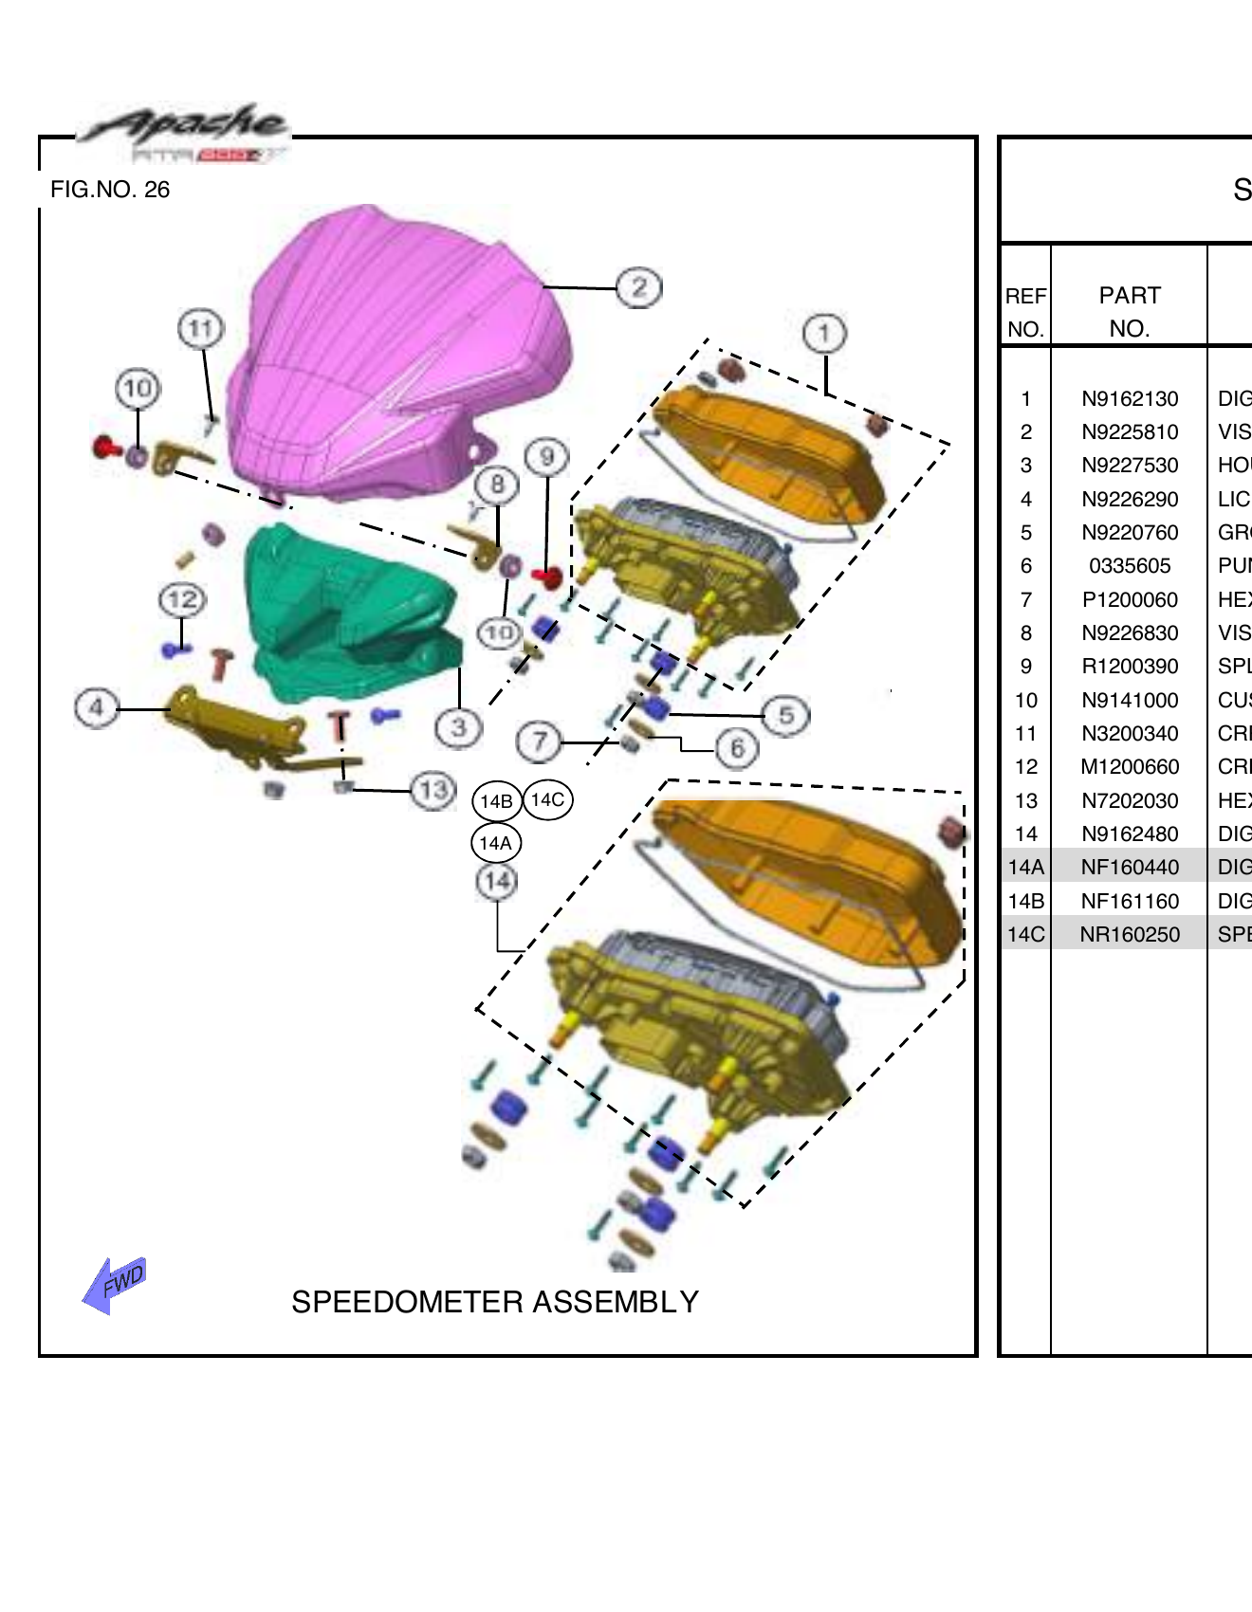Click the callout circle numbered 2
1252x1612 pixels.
tap(639, 287)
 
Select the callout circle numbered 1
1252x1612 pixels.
tap(823, 333)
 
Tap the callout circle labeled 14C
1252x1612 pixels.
tap(548, 799)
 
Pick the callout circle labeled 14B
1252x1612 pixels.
tap(496, 800)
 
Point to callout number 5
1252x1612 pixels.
tap(786, 715)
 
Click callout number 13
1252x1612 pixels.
tap(433, 790)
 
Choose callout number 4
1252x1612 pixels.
tap(96, 707)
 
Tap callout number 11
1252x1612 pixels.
tap(200, 329)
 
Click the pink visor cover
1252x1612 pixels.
tap(398, 351)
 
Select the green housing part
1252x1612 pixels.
tap(351, 607)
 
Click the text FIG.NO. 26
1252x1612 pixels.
tap(110, 190)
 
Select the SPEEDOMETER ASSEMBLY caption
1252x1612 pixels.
tap(494, 1302)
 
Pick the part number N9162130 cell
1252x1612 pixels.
tap(1130, 399)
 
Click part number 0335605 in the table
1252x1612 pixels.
tap(1130, 566)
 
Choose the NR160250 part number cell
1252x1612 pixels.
tap(1130, 935)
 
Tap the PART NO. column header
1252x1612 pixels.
tap(1130, 312)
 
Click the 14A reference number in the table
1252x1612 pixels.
tap(1025, 868)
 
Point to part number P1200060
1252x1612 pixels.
tap(1130, 600)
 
